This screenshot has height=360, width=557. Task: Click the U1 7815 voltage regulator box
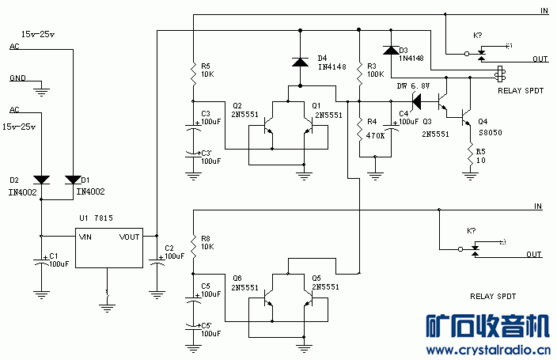(108, 248)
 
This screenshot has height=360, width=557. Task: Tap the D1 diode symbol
(73, 179)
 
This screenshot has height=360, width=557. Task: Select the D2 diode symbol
(42, 179)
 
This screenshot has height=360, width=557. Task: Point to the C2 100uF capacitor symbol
(156, 262)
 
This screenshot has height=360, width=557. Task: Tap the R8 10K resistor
(192, 241)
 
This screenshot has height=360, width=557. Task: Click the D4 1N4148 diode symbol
(301, 62)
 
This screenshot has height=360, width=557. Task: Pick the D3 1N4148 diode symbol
(389, 51)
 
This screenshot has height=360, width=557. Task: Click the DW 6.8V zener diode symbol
(415, 101)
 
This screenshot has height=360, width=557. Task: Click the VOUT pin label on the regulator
(130, 236)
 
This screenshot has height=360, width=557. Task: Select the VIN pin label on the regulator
(85, 236)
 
